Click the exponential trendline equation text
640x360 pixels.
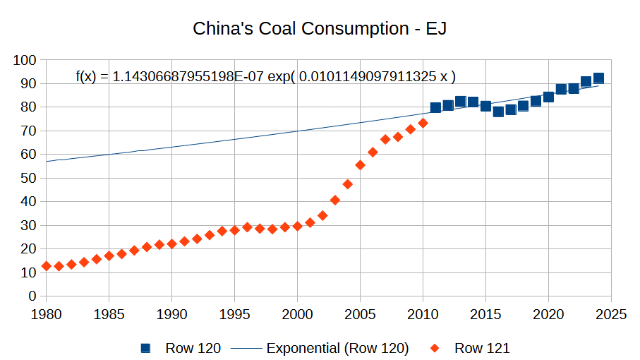pyautogui.click(x=265, y=76)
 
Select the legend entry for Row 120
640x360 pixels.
pyautogui.click(x=182, y=347)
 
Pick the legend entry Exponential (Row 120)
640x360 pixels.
pyautogui.click(x=337, y=347)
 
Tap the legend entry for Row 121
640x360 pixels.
pyautogui.click(x=472, y=347)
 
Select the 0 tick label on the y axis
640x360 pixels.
pyautogui.click(x=32, y=296)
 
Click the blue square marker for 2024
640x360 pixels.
pyautogui.click(x=598, y=78)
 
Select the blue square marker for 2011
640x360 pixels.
pyautogui.click(x=435, y=107)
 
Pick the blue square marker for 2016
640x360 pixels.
pyautogui.click(x=498, y=112)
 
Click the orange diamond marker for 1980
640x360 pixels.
pyautogui.click(x=47, y=266)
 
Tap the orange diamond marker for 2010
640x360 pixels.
pyautogui.click(x=423, y=123)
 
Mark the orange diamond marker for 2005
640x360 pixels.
pyautogui.click(x=360, y=165)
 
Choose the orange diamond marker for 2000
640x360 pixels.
pyautogui.click(x=297, y=226)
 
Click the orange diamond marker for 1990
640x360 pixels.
pyautogui.click(x=171, y=244)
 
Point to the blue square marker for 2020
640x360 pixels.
pyautogui.click(x=548, y=97)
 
